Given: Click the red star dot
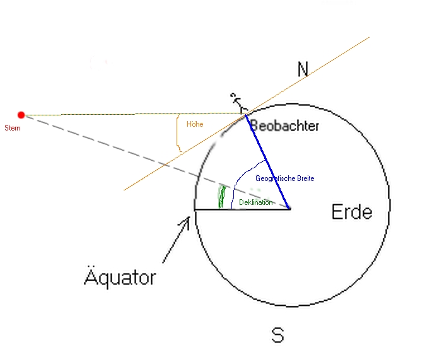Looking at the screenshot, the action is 21,115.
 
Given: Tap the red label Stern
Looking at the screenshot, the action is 13,128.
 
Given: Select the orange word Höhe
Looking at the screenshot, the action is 195,124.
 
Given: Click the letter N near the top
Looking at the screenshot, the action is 303,69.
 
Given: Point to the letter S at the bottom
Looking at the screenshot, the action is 278,335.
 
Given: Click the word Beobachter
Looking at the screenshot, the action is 284,126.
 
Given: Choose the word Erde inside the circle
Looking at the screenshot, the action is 352,212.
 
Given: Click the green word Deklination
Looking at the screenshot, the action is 255,202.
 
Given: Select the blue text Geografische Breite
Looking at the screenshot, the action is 285,178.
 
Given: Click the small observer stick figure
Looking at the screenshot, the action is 238,103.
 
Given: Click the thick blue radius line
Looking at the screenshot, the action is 267,162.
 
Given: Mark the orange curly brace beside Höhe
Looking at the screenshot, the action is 178,133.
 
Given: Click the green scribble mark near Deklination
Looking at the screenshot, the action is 222,197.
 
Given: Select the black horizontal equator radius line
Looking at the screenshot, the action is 242,209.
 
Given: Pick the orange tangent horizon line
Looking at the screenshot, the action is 247,113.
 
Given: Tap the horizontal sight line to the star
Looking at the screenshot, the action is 134,114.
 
